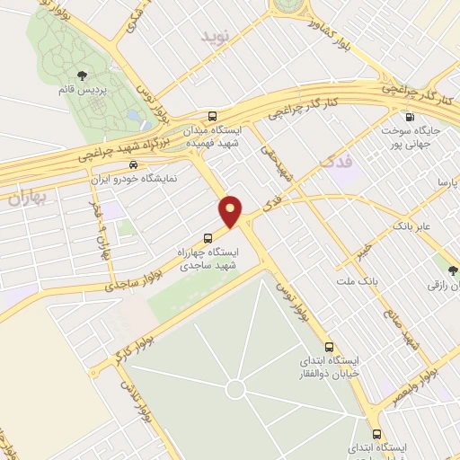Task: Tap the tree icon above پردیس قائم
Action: click(83, 75)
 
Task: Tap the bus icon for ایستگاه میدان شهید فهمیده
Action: click(212, 117)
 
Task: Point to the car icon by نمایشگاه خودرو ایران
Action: click(133, 164)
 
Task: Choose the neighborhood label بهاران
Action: click(27, 199)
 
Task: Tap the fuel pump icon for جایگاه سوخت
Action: click(411, 116)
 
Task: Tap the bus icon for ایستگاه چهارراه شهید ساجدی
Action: click(208, 238)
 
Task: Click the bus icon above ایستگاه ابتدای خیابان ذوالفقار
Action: click(329, 346)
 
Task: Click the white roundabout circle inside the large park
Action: click(234, 389)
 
